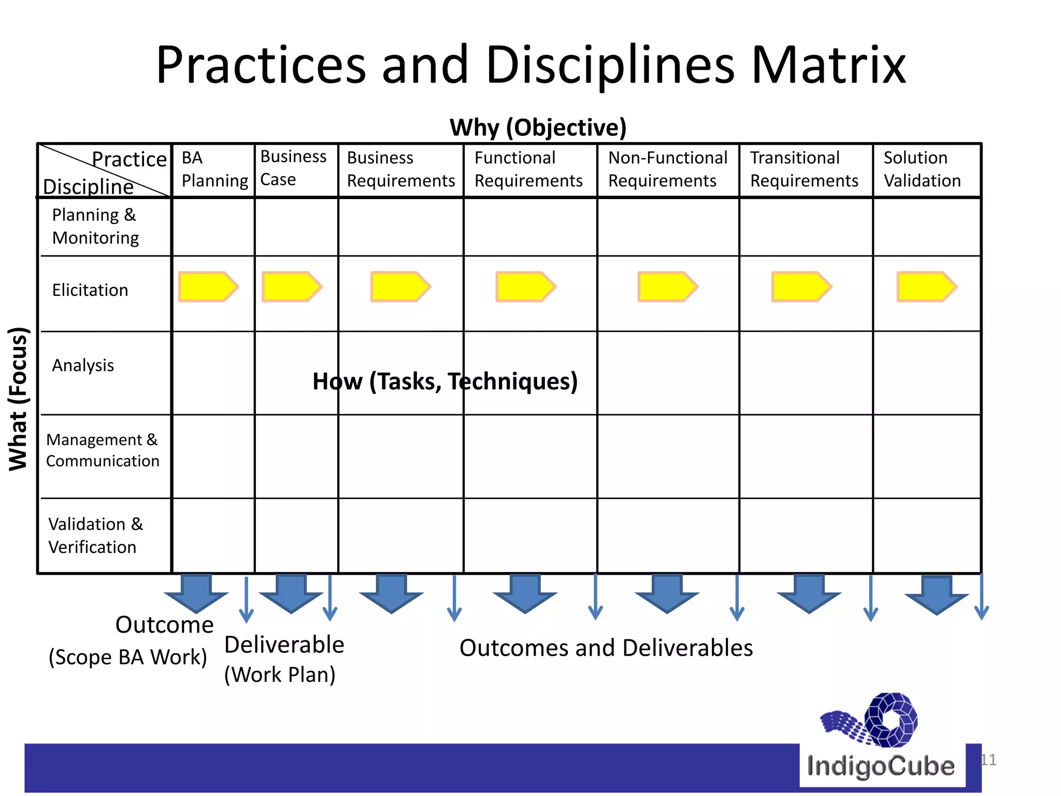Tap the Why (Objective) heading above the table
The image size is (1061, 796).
(538, 127)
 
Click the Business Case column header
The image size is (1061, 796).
(293, 168)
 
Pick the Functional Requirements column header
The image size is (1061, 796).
(528, 169)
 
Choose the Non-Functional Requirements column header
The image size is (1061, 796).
(667, 169)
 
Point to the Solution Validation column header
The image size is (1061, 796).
(922, 169)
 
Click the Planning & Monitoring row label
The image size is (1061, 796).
(95, 226)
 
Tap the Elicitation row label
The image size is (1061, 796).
(90, 290)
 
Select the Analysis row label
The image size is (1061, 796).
(83, 365)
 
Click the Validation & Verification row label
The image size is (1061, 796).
(95, 535)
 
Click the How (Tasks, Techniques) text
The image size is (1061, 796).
(445, 381)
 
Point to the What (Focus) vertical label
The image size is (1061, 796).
(18, 399)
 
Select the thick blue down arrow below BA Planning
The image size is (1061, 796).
(196, 593)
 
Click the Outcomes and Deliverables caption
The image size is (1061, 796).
(606, 648)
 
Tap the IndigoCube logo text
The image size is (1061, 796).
(881, 766)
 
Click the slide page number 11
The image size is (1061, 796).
(988, 760)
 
